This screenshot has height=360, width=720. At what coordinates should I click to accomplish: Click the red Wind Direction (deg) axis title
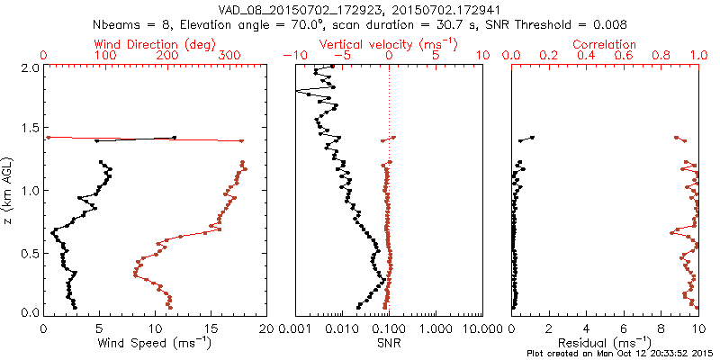155,44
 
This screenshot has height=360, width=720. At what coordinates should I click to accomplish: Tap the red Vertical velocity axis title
388,44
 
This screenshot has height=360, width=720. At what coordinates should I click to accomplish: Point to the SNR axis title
388,342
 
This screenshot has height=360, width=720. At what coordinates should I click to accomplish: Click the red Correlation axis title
605,44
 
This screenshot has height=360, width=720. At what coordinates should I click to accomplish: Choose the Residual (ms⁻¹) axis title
605,342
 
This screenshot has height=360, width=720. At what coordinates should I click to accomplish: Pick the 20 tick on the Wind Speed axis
266,328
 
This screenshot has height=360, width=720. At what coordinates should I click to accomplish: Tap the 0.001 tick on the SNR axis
295,328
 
